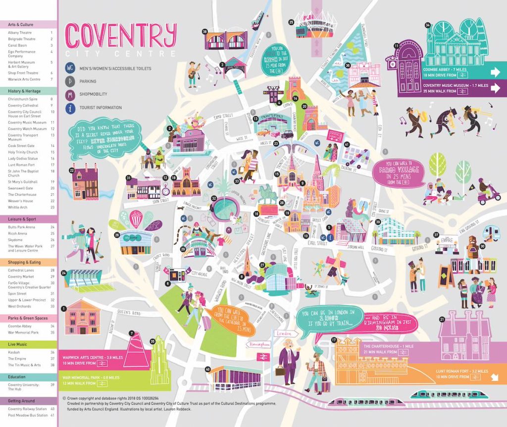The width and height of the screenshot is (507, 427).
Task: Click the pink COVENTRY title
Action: (x=121, y=36)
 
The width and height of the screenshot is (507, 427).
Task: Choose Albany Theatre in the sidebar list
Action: (x=20, y=33)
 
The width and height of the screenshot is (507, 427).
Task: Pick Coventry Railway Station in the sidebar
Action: (x=27, y=409)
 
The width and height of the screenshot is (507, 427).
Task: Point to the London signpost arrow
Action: (x=285, y=333)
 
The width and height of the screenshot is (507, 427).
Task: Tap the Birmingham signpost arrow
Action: (x=259, y=344)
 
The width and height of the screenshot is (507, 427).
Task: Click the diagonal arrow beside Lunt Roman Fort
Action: (x=495, y=378)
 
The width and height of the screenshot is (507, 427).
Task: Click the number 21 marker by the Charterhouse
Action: (x=442, y=320)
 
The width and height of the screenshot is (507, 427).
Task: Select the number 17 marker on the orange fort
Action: (x=334, y=340)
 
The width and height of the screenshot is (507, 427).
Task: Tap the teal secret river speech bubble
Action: (x=106, y=133)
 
